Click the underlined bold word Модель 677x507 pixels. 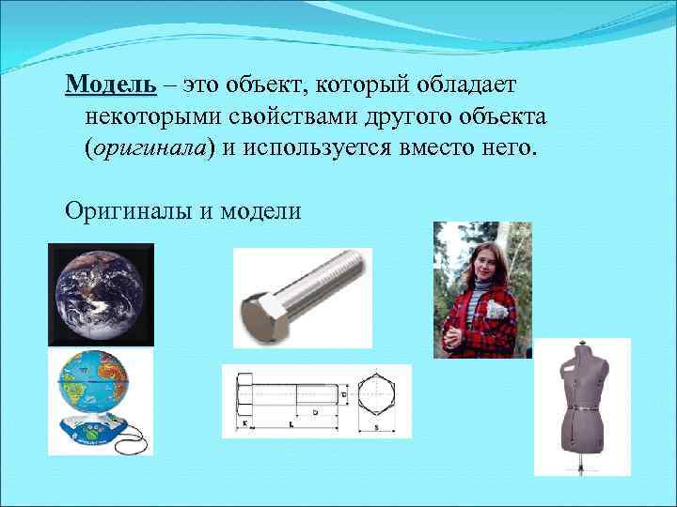[x=111, y=85]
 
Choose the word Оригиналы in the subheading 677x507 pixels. [x=128, y=210]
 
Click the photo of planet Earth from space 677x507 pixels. [x=101, y=294]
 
